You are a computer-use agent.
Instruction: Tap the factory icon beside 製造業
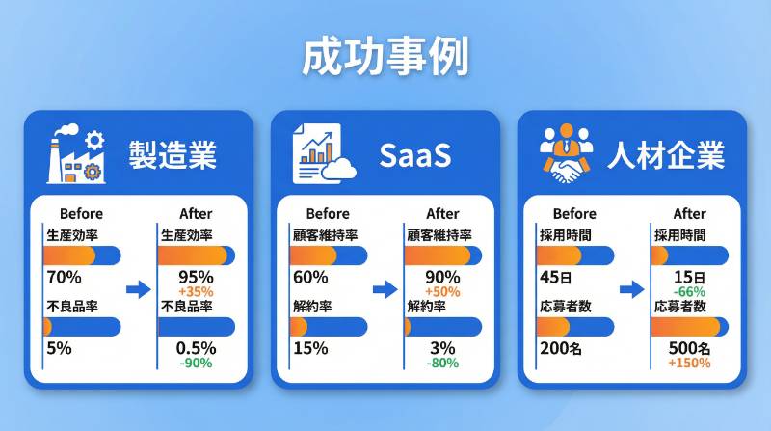75,155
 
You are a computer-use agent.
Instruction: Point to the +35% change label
197,291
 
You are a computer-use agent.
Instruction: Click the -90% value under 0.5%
197,364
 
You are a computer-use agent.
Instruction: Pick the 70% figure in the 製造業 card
64,278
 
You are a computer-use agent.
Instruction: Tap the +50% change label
442,291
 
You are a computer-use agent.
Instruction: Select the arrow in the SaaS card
385,288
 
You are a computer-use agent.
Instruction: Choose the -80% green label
442,364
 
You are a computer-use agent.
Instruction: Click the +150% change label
689,364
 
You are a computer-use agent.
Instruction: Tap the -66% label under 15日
689,291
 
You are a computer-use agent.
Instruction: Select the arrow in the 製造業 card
139,288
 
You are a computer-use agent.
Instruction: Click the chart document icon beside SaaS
322,155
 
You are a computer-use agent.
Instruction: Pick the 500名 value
689,347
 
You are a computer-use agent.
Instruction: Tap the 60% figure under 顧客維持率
309,278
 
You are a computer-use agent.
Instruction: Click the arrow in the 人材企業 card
632,288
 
